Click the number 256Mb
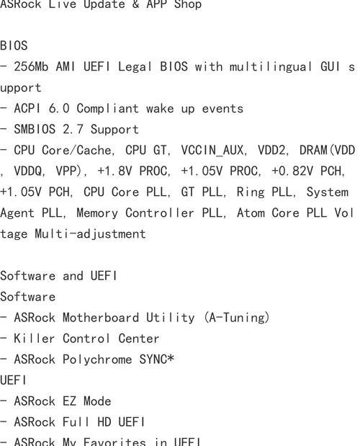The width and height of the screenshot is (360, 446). click(31, 67)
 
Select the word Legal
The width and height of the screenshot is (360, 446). click(135, 67)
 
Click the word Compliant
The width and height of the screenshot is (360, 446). click(108, 109)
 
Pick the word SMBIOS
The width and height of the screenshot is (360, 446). click(35, 130)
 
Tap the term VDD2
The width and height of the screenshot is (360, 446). click(272, 150)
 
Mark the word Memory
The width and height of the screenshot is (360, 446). click(97, 213)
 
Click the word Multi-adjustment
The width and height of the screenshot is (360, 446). click(90, 234)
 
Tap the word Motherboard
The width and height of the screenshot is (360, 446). click(101, 318)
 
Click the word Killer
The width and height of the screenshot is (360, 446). click(35, 339)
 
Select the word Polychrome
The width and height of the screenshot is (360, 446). click(97, 360)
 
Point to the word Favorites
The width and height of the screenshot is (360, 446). click(114, 442)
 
